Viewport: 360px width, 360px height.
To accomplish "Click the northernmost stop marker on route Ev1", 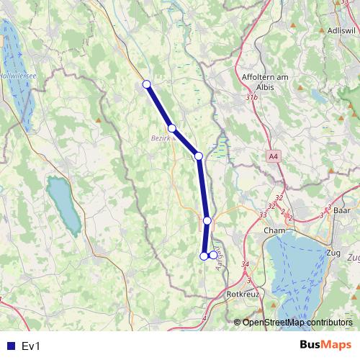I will [x=147, y=84].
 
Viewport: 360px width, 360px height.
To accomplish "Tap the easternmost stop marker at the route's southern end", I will [x=213, y=256].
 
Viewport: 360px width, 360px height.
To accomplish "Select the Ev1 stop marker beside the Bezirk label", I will [x=171, y=128].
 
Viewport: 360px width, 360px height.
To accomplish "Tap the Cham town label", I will [x=274, y=230].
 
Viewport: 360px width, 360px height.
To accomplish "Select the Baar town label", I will [x=342, y=210].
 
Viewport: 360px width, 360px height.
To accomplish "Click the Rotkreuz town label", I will [x=243, y=294].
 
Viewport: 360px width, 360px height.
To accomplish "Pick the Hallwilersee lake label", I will [x=13, y=74].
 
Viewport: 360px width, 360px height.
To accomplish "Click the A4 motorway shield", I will [x=274, y=156].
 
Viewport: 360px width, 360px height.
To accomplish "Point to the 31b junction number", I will [x=251, y=96].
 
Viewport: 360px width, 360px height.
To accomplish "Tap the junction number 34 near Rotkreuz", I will [x=246, y=264].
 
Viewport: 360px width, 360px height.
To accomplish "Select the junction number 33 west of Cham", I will [x=263, y=215].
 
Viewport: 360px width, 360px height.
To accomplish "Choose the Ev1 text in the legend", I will [x=32, y=346].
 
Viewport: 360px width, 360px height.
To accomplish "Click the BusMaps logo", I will [x=326, y=346].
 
